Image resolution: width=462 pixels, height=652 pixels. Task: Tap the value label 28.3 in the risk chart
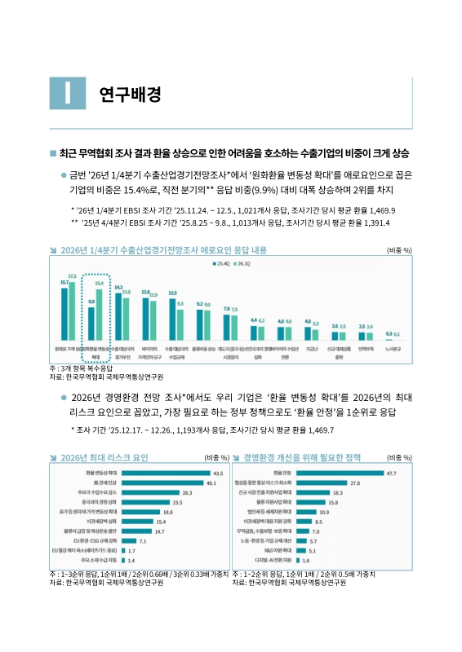click(x=187, y=494)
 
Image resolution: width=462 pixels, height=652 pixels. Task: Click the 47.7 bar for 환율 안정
click(x=339, y=473)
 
